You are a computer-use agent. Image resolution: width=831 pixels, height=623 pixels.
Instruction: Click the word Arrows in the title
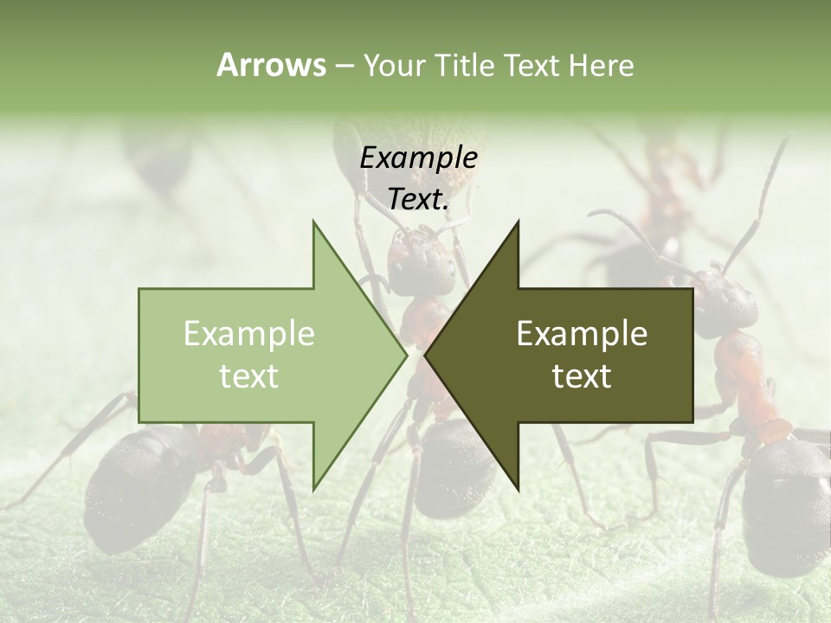point(271,65)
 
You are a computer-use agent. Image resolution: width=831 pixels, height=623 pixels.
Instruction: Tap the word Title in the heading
point(464,65)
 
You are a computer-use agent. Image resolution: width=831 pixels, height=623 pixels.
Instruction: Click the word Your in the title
point(394,66)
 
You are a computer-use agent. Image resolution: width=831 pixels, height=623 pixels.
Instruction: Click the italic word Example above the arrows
point(418,157)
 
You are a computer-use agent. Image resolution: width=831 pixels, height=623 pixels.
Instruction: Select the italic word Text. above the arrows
point(418,200)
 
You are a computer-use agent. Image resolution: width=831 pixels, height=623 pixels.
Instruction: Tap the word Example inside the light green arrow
point(249,333)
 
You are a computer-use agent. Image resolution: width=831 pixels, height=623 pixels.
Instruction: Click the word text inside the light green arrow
point(249,376)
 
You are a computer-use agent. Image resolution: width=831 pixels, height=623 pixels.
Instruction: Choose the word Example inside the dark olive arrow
point(582,333)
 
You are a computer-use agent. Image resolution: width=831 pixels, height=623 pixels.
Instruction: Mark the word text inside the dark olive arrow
point(582,376)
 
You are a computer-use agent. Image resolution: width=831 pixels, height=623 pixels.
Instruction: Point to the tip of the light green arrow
point(404,355)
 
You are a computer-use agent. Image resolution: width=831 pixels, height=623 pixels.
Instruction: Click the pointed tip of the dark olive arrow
point(427,355)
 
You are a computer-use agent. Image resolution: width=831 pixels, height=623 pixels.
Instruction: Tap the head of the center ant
point(422,260)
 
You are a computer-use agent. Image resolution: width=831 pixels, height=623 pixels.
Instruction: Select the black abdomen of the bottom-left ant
point(138,476)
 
